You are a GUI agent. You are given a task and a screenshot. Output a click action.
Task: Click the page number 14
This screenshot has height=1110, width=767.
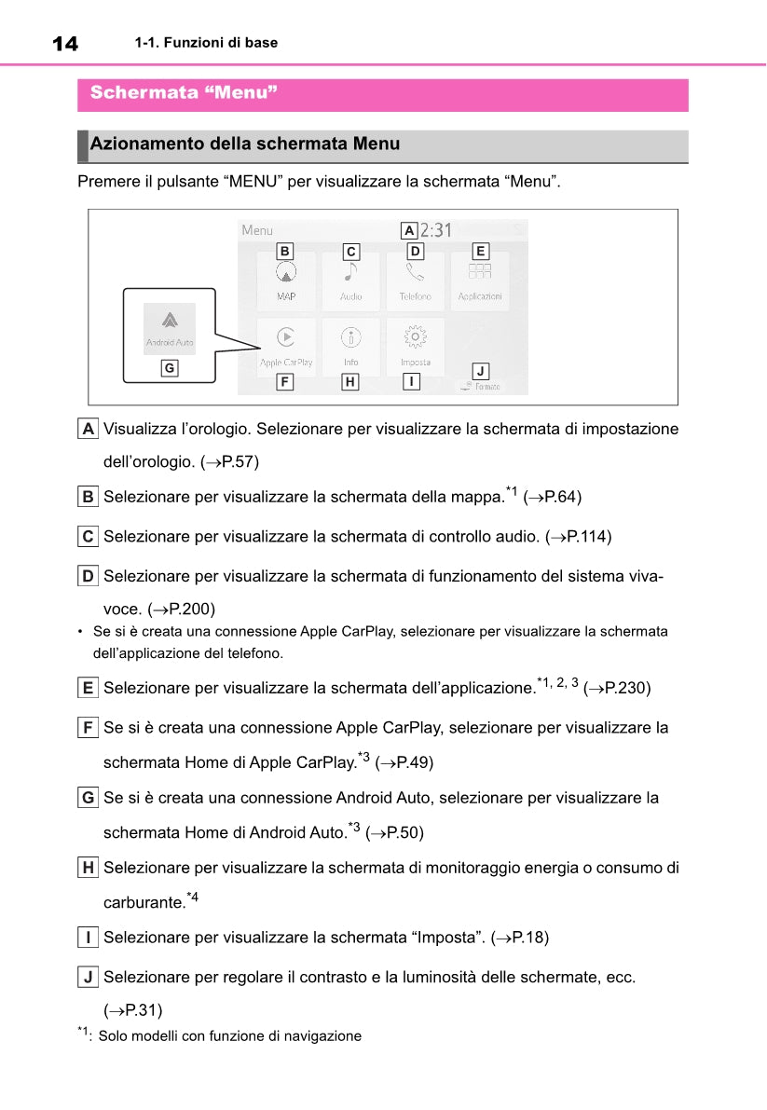65,43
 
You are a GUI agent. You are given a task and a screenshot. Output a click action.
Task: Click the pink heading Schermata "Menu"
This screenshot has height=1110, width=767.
184,93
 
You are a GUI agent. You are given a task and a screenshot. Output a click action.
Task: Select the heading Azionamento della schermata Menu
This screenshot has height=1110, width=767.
245,144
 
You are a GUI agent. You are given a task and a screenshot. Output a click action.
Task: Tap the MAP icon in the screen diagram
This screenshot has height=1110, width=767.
286,273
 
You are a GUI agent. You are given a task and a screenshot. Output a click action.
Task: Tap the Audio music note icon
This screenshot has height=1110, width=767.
350,271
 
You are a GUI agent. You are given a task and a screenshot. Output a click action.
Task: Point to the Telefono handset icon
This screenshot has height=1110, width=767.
415,272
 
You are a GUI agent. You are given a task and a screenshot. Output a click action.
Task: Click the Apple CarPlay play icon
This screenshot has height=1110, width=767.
286,336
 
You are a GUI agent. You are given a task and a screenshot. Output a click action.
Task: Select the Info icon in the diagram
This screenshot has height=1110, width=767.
350,336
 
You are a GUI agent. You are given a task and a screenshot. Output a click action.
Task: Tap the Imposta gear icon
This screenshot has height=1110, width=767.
416,336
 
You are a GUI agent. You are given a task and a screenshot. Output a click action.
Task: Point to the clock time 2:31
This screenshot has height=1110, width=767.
435,229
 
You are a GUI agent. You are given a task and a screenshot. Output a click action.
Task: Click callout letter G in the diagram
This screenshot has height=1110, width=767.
169,368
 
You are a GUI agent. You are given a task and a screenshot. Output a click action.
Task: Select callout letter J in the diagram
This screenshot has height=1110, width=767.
479,370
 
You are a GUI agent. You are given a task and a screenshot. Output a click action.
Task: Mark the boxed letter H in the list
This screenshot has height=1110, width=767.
88,869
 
